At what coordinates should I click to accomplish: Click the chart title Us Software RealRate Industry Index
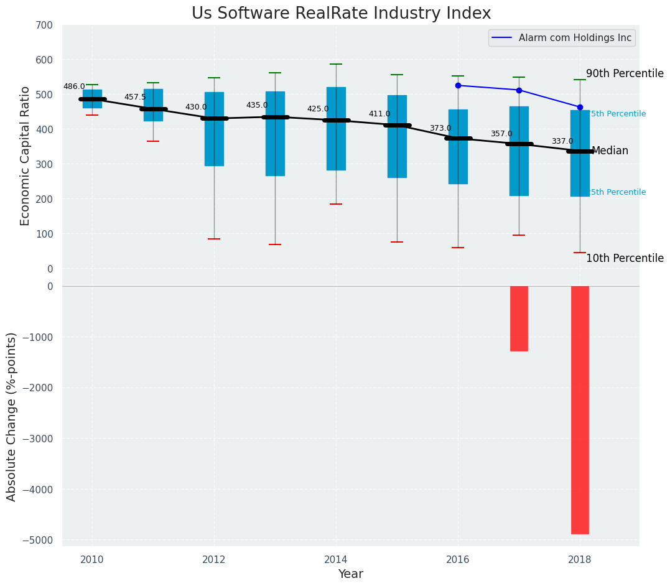coord(341,14)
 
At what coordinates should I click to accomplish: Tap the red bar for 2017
coord(519,319)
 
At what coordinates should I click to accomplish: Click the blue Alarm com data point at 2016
coord(458,85)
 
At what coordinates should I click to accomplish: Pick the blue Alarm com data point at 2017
coord(519,90)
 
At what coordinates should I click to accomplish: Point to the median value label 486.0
coord(74,86)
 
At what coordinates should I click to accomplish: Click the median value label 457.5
coord(135,97)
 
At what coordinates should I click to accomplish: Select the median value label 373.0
coord(440,128)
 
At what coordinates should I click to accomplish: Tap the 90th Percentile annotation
coord(625,73)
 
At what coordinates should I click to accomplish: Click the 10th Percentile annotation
coord(625,258)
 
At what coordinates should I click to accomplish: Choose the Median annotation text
coord(610,151)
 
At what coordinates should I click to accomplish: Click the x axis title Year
coord(350,574)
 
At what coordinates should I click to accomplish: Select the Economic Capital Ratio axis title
coord(25,156)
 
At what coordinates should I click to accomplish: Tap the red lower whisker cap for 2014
coord(336,204)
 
